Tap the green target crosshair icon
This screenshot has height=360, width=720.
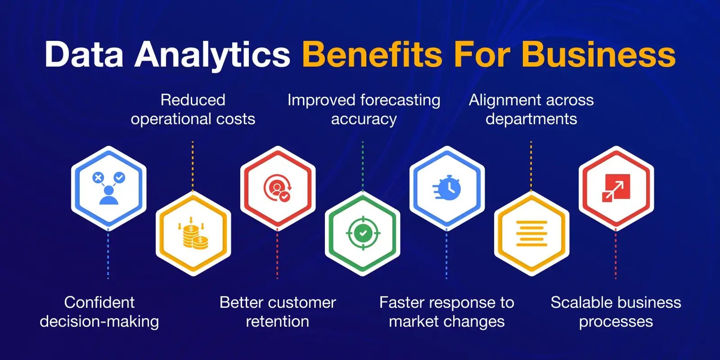point(363,233)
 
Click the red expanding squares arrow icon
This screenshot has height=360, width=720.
point(616,188)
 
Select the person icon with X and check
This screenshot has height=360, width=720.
point(109,188)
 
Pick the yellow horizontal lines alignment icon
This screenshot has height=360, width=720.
point(531,234)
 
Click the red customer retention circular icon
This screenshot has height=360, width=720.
point(278,188)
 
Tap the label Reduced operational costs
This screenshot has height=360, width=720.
point(193,110)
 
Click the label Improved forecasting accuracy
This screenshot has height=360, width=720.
point(364,110)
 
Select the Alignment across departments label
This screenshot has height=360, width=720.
point(531,110)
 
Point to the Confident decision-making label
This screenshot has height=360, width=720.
point(99,312)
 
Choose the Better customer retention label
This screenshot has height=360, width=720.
point(278,312)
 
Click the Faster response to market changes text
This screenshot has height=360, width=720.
point(447,312)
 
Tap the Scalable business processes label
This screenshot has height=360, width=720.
point(616,312)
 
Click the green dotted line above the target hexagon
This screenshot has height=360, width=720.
point(363,165)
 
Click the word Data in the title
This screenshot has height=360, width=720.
point(84,54)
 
